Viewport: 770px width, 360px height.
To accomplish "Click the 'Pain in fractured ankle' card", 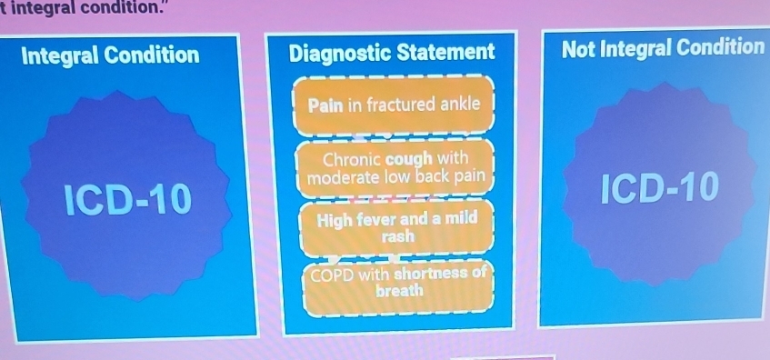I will [393, 105].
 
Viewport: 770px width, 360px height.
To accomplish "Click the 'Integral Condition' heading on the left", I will [110, 55].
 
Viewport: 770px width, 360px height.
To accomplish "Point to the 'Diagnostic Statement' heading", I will [392, 53].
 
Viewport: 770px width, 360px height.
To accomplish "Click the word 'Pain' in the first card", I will [324, 106].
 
